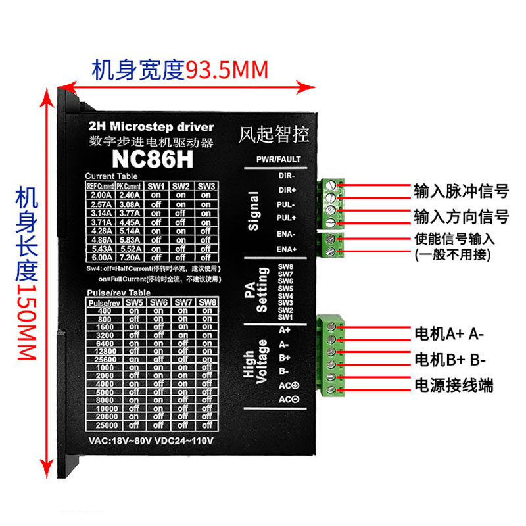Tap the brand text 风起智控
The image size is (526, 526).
pos(273,134)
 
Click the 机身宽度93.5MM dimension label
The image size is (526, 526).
pos(180,70)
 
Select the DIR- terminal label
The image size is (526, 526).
pos(287,176)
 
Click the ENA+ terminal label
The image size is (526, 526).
pos(287,249)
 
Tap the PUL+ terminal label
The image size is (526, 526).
pos(287,218)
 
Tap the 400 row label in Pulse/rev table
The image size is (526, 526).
pos(105,311)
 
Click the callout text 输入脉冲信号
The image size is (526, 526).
pos(461,192)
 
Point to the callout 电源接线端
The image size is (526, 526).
pos(453,385)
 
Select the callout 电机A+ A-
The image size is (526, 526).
pos(448,333)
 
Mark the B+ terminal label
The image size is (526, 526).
pos(284,358)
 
